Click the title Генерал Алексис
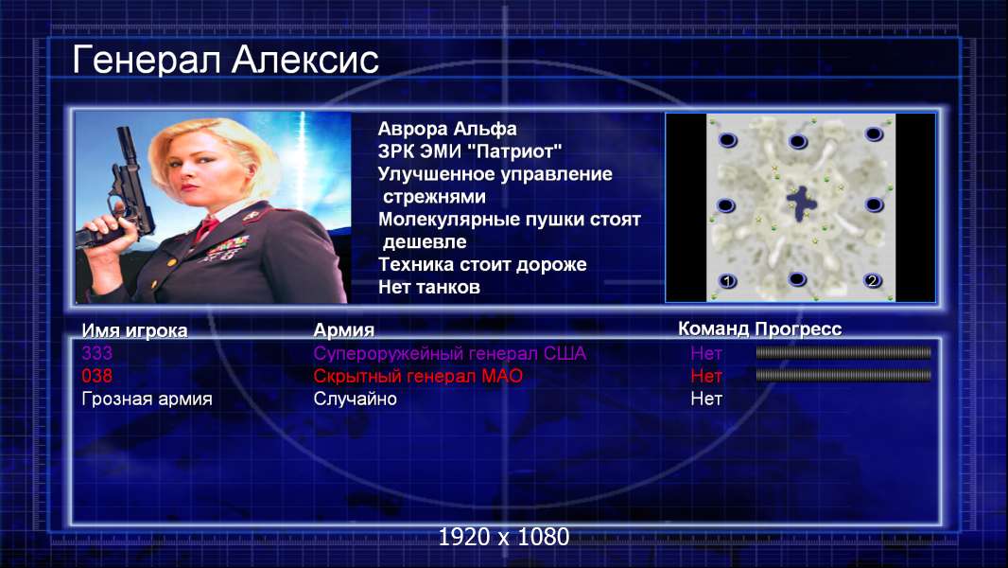click(225, 61)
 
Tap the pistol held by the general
click(122, 193)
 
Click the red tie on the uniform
click(206, 227)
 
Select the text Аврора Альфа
click(446, 129)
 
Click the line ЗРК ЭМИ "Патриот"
click(469, 151)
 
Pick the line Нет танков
click(428, 287)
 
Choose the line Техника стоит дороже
click(482, 264)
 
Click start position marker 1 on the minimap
click(728, 281)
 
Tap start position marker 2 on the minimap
click(873, 280)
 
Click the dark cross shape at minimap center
click(801, 203)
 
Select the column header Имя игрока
click(134, 330)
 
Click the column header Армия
click(343, 330)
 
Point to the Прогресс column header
click(798, 329)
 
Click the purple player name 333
click(97, 353)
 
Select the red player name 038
click(97, 376)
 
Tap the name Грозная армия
click(147, 399)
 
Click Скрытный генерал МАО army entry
click(418, 376)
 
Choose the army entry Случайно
click(355, 399)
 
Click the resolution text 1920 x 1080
click(504, 537)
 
